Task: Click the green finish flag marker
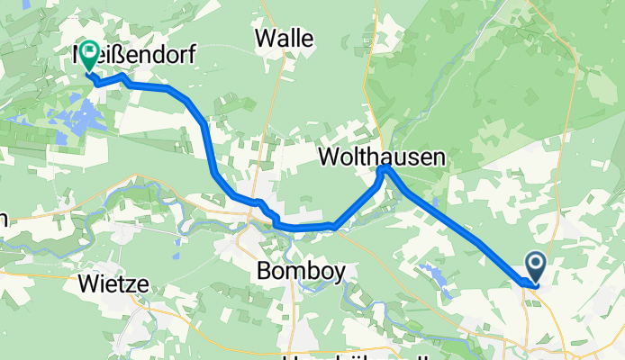[x=90, y=55]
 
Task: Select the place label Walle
[x=284, y=38]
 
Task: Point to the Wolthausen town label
[x=382, y=157]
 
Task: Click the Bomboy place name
[x=300, y=271]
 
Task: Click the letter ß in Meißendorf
[x=120, y=55]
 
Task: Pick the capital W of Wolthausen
[x=330, y=157]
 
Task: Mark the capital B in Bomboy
[x=264, y=271]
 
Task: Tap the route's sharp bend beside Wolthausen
[x=385, y=168]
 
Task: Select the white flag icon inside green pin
[x=90, y=52]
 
